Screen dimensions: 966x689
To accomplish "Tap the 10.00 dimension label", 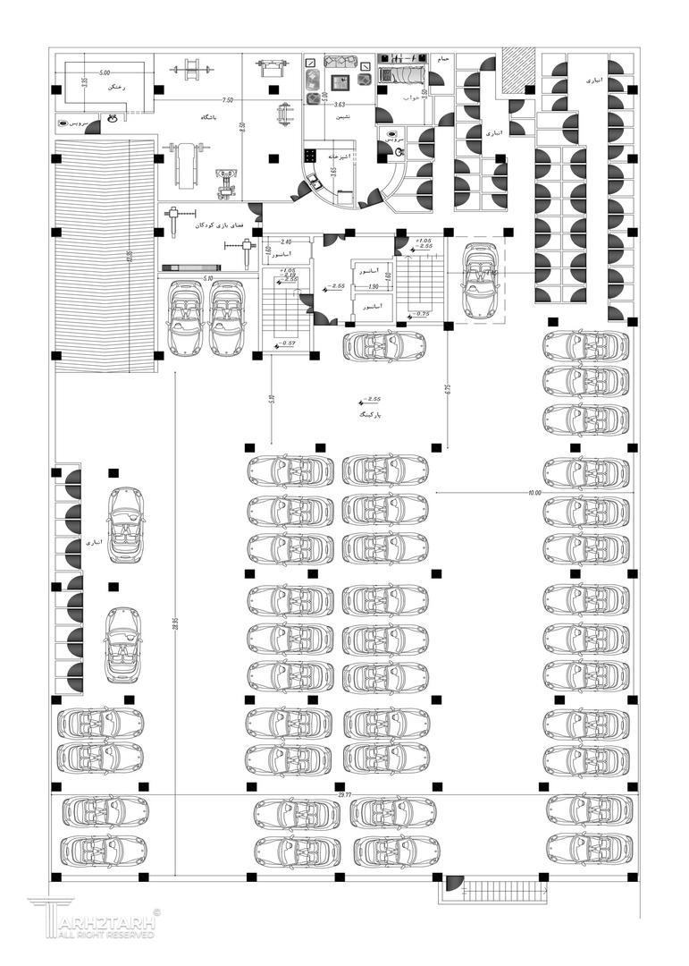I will (534, 493).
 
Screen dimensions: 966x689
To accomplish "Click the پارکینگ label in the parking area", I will (368, 415).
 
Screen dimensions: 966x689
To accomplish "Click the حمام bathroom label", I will (442, 58).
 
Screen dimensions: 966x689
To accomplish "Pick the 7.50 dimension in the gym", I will (228, 100).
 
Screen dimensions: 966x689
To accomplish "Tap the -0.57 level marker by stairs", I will (288, 344).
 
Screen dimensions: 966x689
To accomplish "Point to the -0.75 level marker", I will (419, 314).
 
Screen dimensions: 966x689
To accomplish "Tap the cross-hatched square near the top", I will (516, 69).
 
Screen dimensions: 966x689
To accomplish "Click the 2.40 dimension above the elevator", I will (286, 242).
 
